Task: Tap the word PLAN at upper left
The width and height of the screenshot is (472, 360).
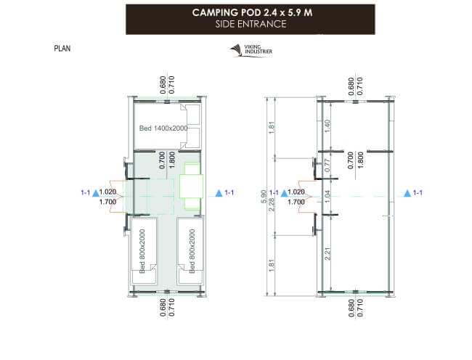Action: point(62,49)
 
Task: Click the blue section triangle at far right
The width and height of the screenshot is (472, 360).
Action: point(407,193)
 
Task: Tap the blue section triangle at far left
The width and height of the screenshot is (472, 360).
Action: point(95,193)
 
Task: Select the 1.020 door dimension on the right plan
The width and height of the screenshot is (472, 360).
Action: point(296,192)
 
